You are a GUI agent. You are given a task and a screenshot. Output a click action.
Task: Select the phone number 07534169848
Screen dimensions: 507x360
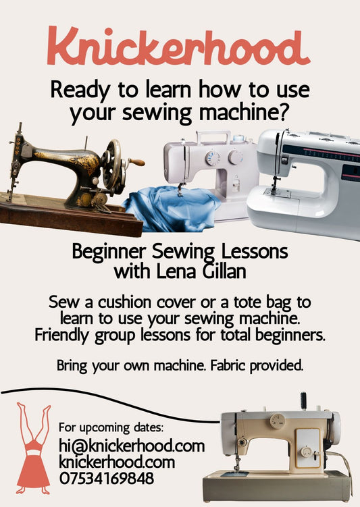point(107,479)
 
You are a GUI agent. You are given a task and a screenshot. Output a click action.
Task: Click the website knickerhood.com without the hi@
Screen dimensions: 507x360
point(117,463)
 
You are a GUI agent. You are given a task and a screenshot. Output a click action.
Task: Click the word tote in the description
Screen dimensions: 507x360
point(255,302)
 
